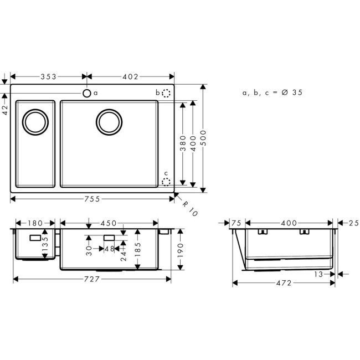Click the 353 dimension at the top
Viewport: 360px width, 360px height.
(x=49, y=77)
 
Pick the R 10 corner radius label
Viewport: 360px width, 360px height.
(x=189, y=208)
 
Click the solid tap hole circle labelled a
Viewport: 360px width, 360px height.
(x=87, y=93)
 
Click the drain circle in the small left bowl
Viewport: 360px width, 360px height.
(x=35, y=121)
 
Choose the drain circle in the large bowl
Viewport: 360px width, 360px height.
(x=109, y=121)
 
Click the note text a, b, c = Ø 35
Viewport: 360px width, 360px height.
(x=272, y=93)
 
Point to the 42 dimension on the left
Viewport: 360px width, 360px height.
(x=5, y=104)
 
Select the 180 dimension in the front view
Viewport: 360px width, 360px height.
(x=35, y=223)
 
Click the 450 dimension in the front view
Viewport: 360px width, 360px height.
(x=108, y=223)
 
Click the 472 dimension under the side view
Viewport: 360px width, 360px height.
(x=283, y=283)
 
